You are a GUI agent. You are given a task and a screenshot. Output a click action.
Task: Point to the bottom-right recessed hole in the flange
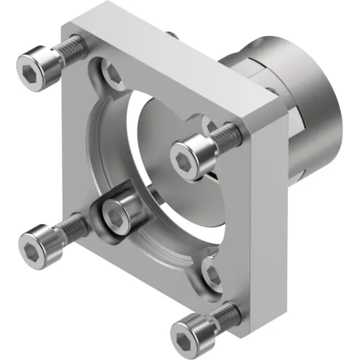[210, 272]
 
